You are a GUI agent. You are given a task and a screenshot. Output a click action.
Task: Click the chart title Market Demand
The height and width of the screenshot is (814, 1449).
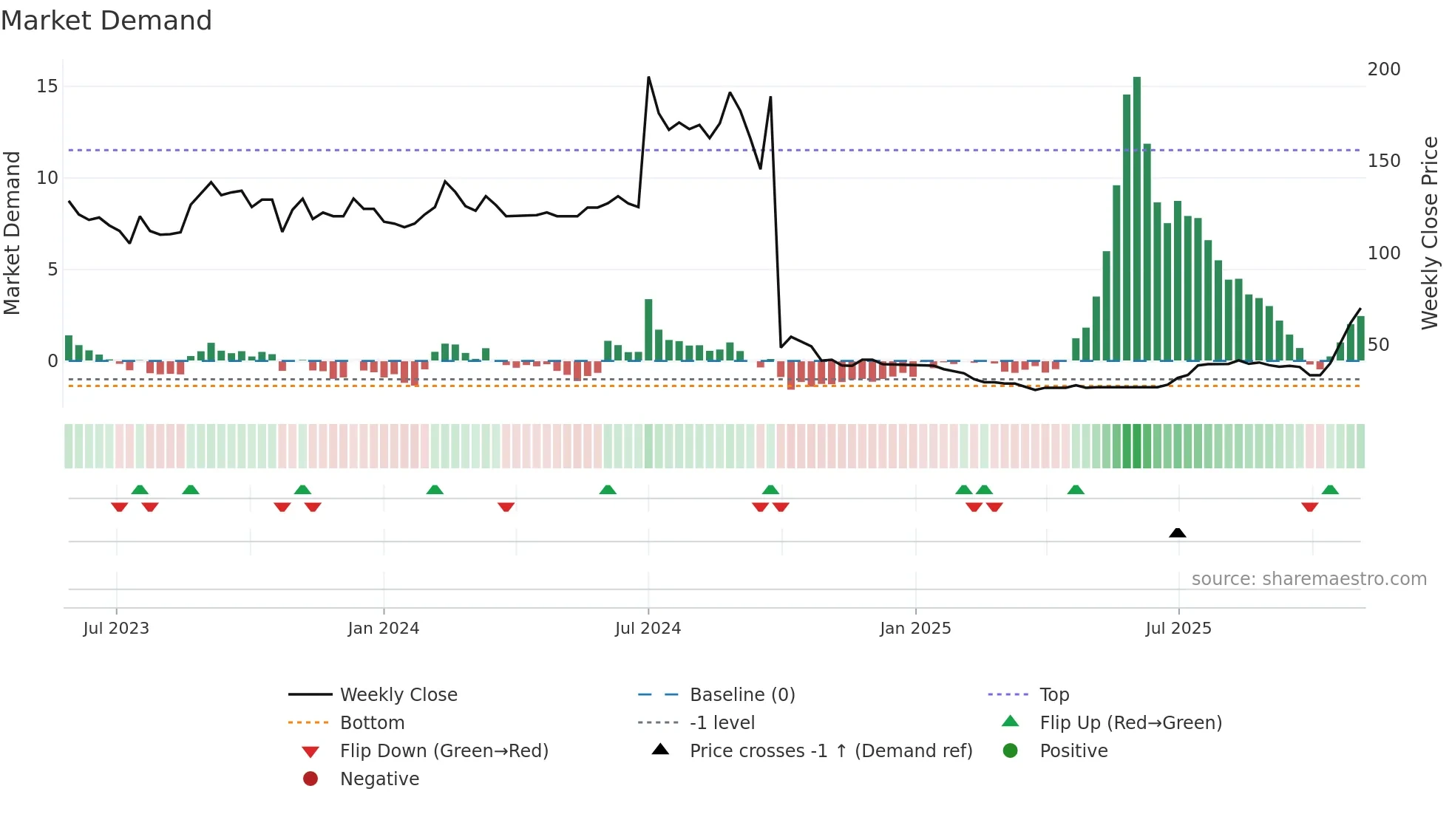pyautogui.click(x=106, y=21)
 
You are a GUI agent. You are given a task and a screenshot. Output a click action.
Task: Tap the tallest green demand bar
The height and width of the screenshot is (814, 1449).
pyautogui.click(x=1137, y=222)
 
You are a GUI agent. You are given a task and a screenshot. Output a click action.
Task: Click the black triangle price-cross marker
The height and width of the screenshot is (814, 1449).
pyautogui.click(x=1178, y=533)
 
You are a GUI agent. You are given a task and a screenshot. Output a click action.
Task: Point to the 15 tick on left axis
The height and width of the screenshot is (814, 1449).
pyautogui.click(x=47, y=86)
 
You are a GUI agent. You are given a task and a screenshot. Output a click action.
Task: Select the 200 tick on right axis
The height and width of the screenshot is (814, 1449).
pyautogui.click(x=1384, y=69)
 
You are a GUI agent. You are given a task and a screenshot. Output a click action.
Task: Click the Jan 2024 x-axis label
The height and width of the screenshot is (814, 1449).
pyautogui.click(x=383, y=629)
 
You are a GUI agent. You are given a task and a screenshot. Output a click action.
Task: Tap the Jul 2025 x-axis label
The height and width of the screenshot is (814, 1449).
pyautogui.click(x=1178, y=629)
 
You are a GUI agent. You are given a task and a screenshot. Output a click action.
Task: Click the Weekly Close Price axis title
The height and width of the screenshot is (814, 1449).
pyautogui.click(x=1430, y=233)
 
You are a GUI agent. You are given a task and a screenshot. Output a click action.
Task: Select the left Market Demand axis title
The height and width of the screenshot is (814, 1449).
pyautogui.click(x=13, y=233)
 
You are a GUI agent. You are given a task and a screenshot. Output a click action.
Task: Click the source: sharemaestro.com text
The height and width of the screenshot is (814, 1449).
pyautogui.click(x=1309, y=579)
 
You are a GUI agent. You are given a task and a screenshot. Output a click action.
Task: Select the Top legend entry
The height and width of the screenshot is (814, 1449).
pyautogui.click(x=1053, y=695)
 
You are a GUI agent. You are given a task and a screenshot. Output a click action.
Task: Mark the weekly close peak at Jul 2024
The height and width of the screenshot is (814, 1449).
pyautogui.click(x=648, y=78)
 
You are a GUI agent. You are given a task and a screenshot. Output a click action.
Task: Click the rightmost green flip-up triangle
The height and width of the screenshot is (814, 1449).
pyautogui.click(x=1330, y=490)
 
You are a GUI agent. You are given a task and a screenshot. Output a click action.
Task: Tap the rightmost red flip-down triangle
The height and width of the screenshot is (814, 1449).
pyautogui.click(x=1310, y=507)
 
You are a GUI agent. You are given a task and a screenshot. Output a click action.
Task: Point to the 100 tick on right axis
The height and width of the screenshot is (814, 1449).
pyautogui.click(x=1384, y=253)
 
